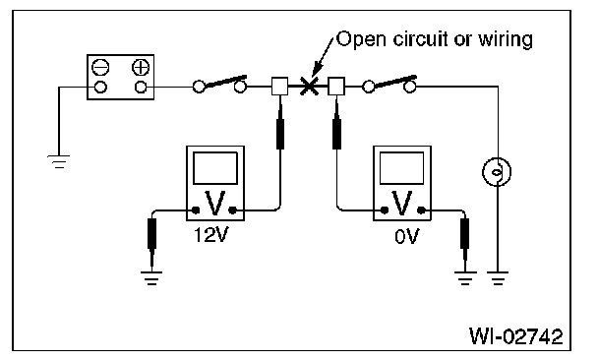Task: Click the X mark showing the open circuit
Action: coord(309,86)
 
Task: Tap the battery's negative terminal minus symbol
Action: coord(100,68)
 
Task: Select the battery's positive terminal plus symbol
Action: coord(141,68)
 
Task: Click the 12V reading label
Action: coord(210,235)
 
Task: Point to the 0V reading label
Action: coord(406,236)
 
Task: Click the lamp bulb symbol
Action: coord(497,172)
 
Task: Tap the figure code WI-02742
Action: coord(515,336)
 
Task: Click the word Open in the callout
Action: coord(362,39)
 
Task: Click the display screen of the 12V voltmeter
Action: coord(215,168)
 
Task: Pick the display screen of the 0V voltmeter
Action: coord(402,168)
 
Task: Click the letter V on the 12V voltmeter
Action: coord(214,204)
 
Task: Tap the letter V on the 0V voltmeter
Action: coord(402,204)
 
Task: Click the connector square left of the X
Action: coord(279,87)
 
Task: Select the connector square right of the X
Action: coord(336,87)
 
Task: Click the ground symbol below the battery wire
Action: coord(59,161)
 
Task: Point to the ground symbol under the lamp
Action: coord(498,278)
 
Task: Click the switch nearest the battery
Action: coord(219,84)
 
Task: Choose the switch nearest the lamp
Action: coord(389,84)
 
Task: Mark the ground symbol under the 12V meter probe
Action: coord(151,278)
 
